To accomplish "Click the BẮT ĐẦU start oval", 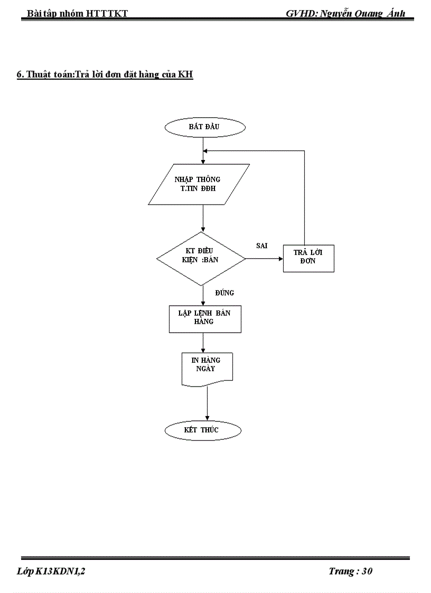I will click(205, 127).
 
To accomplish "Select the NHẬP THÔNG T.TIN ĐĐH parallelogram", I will click(199, 184).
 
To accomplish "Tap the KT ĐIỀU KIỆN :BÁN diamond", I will click(201, 259).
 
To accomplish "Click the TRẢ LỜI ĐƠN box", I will click(308, 257).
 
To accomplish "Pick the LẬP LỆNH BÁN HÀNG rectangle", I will click(205, 317).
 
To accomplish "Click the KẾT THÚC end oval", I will click(202, 430).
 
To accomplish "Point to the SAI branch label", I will click(261, 246).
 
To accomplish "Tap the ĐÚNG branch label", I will click(224, 293).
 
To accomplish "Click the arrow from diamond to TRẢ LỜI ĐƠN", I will click(264, 259).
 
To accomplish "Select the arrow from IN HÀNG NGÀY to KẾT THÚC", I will click(207, 404).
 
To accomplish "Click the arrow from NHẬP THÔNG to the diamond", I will click(203, 218).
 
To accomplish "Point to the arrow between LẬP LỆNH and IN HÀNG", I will click(203, 342).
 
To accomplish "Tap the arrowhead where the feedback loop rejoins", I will click(207, 150).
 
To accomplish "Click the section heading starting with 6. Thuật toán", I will click(105, 75).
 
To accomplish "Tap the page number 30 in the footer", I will click(368, 571).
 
